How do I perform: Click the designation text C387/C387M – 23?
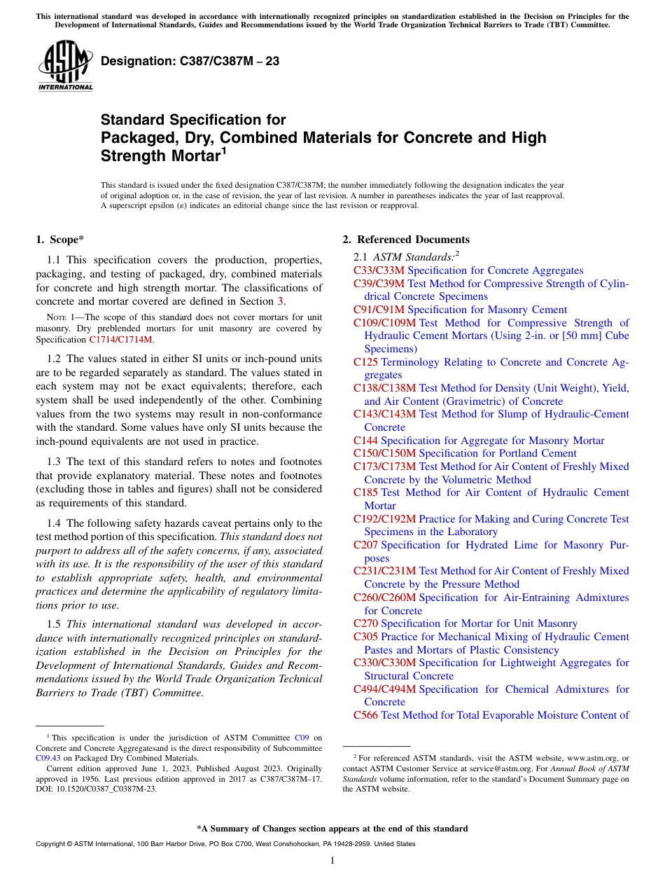[190, 61]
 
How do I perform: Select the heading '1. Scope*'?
[60, 240]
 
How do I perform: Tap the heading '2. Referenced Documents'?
[406, 240]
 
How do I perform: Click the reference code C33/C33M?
[379, 270]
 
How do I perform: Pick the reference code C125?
[365, 362]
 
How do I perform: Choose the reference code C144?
[365, 441]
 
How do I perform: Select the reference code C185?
[365, 492]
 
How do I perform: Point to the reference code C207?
[365, 545]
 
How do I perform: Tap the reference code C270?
[365, 623]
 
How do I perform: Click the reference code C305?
[365, 637]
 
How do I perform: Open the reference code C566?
[365, 715]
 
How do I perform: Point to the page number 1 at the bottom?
[332, 861]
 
